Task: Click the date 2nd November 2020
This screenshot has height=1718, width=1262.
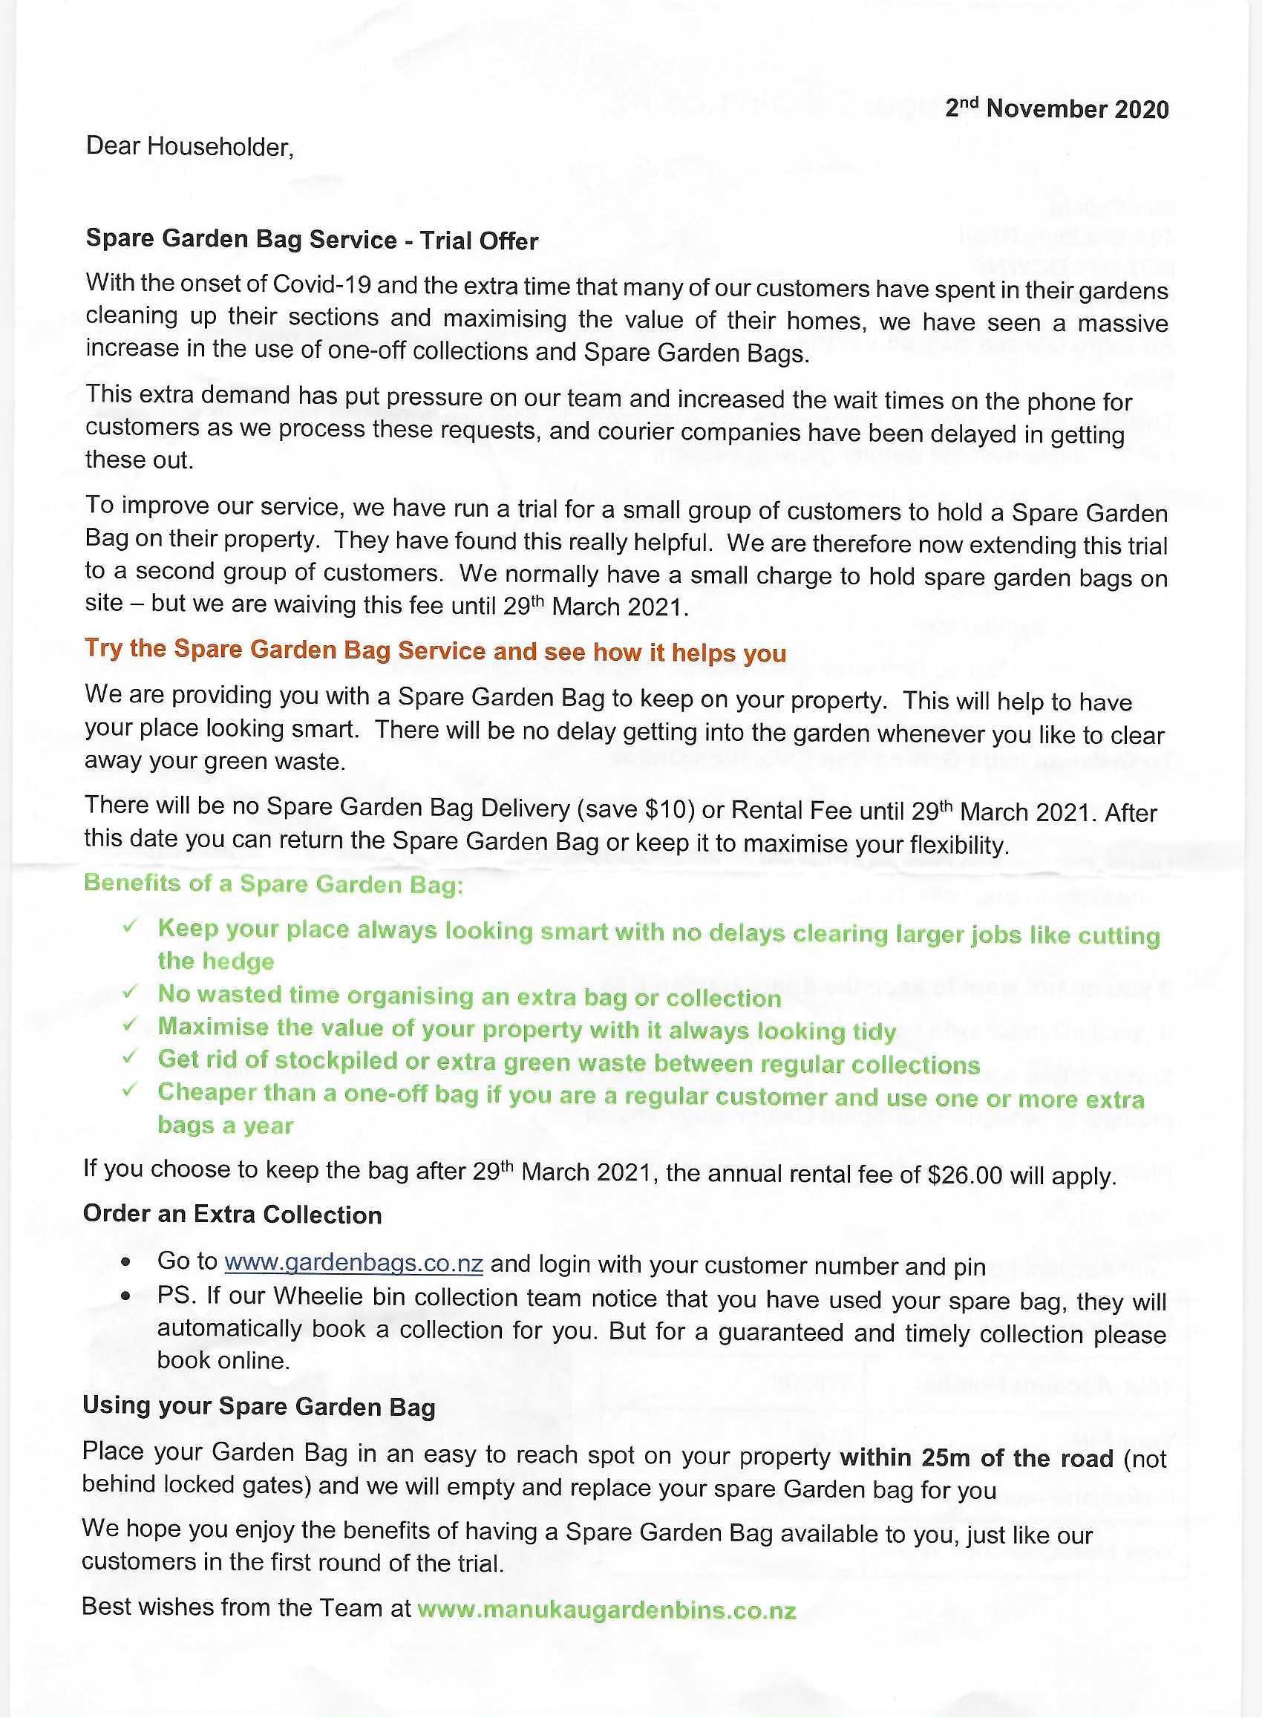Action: [1056, 108]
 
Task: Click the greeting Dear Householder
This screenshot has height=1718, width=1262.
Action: [189, 146]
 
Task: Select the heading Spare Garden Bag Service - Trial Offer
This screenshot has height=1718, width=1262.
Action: [312, 240]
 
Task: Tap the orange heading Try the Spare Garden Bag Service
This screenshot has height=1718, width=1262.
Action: [435, 651]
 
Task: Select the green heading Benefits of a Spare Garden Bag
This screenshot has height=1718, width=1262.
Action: [273, 884]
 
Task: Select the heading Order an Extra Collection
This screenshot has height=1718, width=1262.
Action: [232, 1215]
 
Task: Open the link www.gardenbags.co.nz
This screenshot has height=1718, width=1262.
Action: [353, 1264]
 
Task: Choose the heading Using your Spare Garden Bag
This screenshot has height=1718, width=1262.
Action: [258, 1407]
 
